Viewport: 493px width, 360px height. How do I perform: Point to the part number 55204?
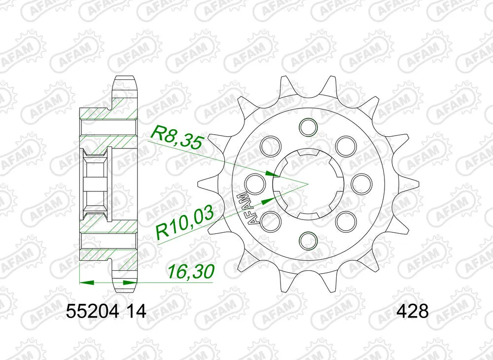coord(93,312)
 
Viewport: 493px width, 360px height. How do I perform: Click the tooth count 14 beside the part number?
coord(135,312)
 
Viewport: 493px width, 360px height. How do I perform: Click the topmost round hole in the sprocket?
coord(307,126)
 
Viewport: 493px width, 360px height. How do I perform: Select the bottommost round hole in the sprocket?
coord(307,240)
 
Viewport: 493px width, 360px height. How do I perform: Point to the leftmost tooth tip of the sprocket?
coord(198,183)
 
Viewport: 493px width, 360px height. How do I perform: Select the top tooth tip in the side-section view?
coord(124,79)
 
